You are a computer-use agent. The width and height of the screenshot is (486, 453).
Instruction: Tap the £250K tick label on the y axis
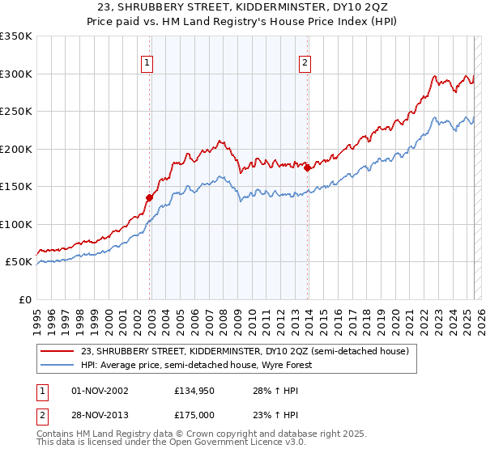pyautogui.click(x=16, y=112)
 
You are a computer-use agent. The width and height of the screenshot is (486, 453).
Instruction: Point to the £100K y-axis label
pyautogui.click(x=16, y=224)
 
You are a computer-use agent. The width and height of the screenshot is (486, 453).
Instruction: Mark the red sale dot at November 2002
pyautogui.click(x=149, y=197)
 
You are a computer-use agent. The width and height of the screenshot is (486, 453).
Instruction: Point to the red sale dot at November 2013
pyautogui.click(x=307, y=167)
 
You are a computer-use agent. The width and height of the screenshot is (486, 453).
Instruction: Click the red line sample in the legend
pyautogui.click(x=58, y=351)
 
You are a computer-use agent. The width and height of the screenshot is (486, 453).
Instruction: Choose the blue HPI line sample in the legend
pyautogui.click(x=58, y=365)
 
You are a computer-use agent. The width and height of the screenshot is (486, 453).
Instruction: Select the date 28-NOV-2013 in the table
pyautogui.click(x=100, y=415)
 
